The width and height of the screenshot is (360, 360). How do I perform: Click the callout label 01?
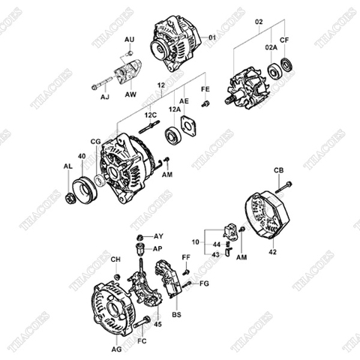(211, 37)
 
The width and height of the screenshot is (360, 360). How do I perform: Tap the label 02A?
(271, 46)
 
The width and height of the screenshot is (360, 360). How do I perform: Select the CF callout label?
(284, 39)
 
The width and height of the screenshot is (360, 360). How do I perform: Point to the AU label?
(129, 38)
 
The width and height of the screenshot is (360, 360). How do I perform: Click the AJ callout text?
(104, 96)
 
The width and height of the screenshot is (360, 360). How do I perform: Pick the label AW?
(130, 96)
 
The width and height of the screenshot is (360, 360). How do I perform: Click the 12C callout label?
(151, 115)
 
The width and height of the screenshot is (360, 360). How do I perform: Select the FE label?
(205, 90)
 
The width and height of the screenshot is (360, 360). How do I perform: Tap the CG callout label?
(96, 140)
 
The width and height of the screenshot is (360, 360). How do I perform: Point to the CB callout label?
(279, 171)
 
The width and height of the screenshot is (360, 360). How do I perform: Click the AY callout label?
(158, 235)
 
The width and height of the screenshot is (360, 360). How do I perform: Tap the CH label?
(115, 259)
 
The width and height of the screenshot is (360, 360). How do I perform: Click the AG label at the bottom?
(116, 349)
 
